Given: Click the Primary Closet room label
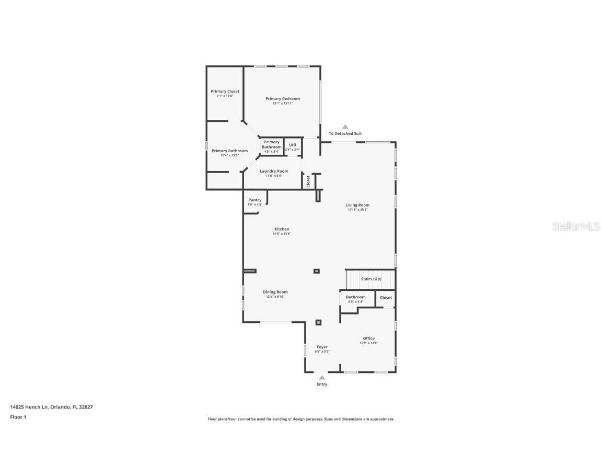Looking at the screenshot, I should coord(225,92).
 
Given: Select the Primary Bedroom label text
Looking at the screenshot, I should coord(282,99).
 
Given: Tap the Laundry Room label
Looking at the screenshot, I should coord(274,171).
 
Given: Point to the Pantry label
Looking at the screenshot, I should coord(254,200).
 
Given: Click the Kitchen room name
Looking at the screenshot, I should coord(282,229).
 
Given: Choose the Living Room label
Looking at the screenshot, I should coord(357,205).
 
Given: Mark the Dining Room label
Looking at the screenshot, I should coord(275,292).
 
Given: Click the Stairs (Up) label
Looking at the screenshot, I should coord(371,279).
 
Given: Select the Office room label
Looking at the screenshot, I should coord(368,338).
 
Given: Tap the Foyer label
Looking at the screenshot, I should coord(322,347).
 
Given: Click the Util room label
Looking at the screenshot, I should coord(293,145).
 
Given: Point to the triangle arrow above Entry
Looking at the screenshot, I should coord(322,377).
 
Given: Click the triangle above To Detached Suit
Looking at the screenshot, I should coord(345,127).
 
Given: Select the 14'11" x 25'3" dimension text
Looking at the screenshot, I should coord(357,210).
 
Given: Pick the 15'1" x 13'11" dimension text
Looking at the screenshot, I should coord(282,104).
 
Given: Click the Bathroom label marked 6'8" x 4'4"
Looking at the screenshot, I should coord(355,297).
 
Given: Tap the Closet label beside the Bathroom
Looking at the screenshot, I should coord(386,298).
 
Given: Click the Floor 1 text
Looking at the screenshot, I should coord(18,417).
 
